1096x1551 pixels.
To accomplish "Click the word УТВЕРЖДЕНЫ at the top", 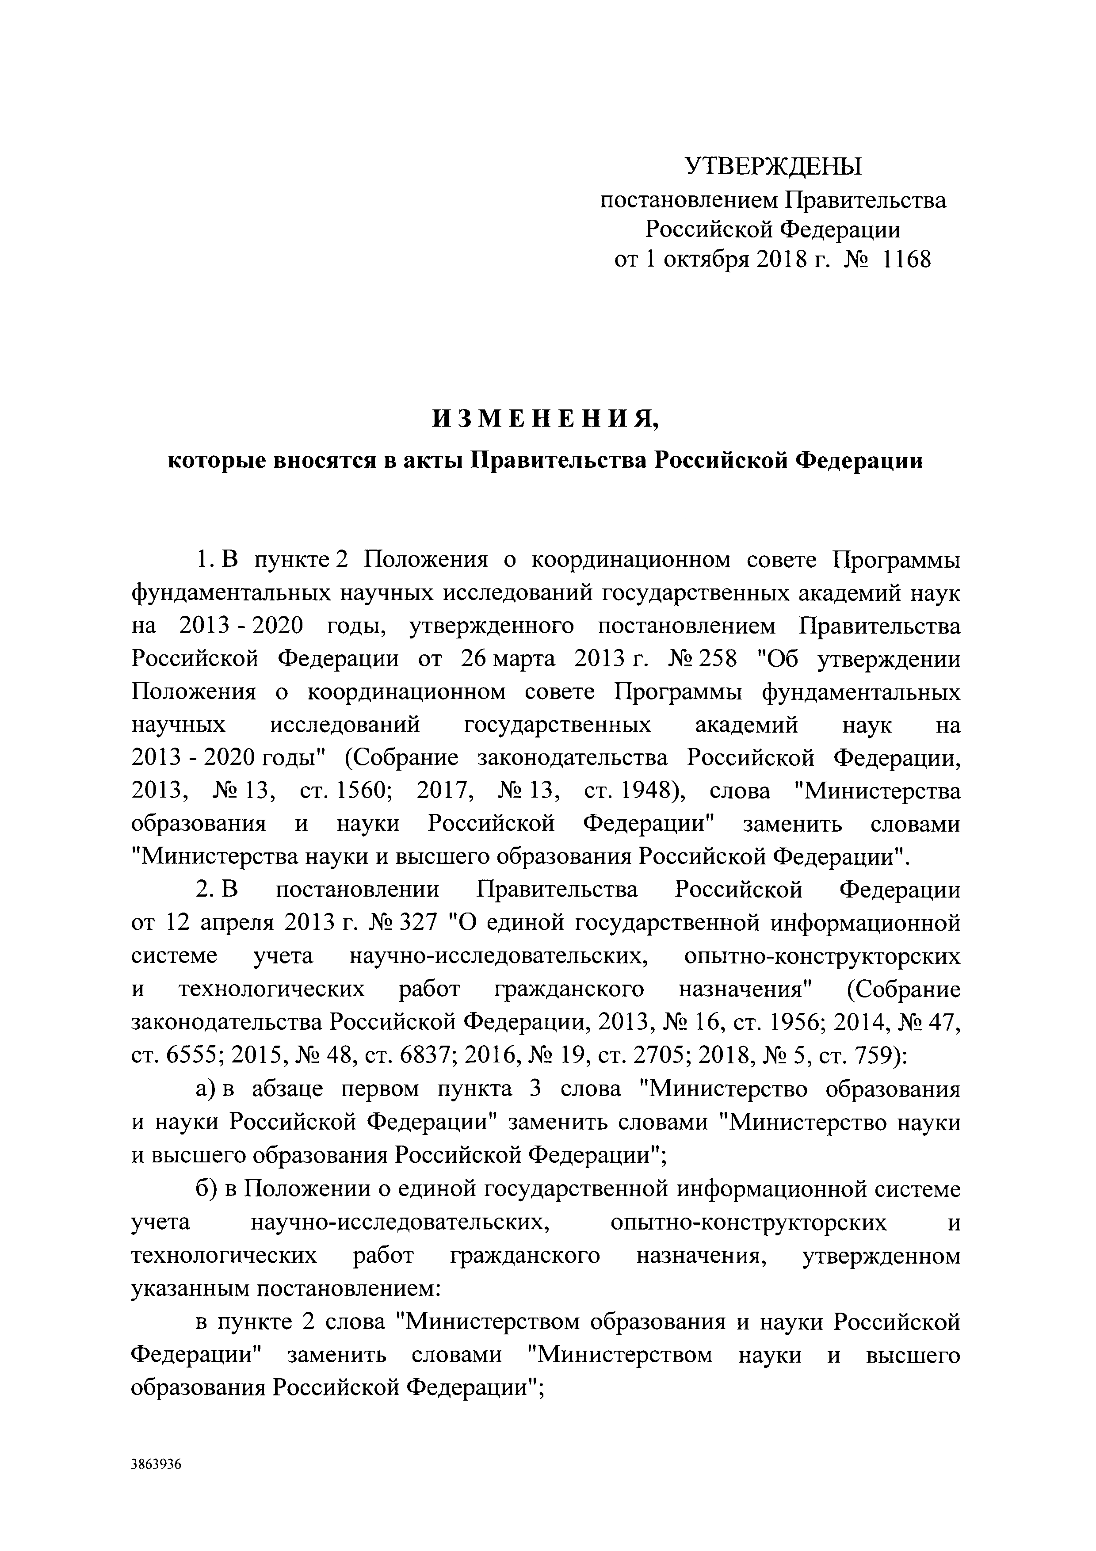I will [x=773, y=166].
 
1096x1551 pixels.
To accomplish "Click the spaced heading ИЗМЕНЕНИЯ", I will [x=546, y=420].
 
